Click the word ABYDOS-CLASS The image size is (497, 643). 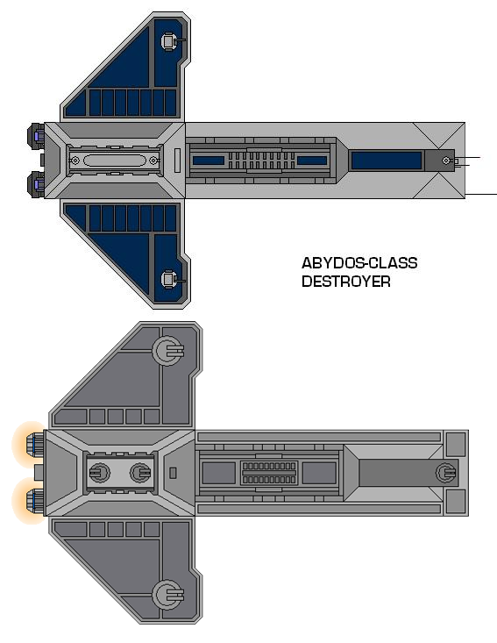(359, 263)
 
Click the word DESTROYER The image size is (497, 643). (346, 282)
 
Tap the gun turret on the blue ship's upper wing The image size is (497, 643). (170, 41)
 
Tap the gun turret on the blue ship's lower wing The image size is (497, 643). (170, 280)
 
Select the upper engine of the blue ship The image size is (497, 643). (36, 135)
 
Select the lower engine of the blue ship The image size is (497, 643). (36, 184)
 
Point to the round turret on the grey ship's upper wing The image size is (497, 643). (168, 351)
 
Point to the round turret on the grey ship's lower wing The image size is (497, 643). (168, 595)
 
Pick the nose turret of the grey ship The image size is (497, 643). (446, 473)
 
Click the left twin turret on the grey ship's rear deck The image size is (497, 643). (100, 473)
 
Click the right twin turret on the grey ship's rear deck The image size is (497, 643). (140, 473)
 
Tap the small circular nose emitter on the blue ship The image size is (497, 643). (446, 161)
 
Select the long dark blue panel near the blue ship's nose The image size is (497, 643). (387, 161)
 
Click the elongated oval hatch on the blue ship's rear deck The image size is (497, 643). (114, 160)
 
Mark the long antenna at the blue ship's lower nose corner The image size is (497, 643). (481, 194)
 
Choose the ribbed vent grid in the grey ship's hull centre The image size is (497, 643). (269, 473)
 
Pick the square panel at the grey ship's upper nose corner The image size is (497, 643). (456, 444)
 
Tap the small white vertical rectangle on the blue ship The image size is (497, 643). (177, 161)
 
